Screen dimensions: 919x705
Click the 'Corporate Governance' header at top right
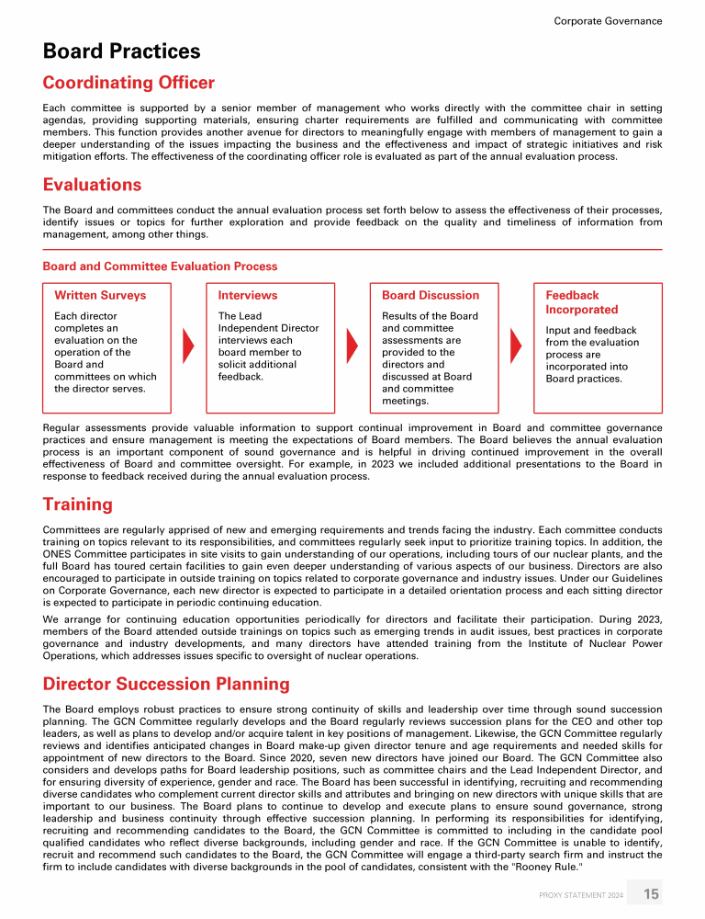608,21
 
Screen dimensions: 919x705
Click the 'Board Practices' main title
122,51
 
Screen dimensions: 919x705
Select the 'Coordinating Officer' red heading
129,84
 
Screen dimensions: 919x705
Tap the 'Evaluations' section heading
93,185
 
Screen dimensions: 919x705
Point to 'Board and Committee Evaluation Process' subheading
160,267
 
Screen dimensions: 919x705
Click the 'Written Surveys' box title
100,295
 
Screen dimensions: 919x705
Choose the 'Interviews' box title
248,295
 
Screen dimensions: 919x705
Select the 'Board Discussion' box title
431,295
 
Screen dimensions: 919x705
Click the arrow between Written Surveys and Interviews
189,346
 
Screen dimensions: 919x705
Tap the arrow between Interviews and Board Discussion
352,346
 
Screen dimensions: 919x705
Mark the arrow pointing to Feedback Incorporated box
515,346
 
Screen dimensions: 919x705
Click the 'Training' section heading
78,505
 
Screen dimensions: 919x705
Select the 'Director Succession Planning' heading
166,684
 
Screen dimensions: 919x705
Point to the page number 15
651,894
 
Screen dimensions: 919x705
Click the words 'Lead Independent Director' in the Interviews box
268,328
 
